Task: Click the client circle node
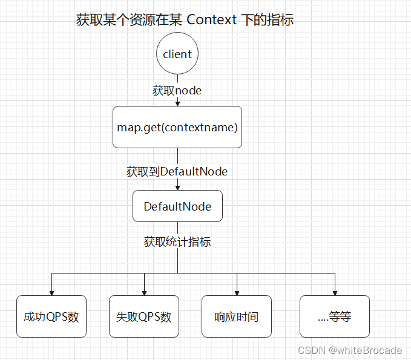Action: pyautogui.click(x=177, y=54)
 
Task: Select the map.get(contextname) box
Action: pyautogui.click(x=177, y=127)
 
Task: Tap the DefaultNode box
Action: pyautogui.click(x=177, y=206)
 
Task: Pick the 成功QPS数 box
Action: pyautogui.click(x=51, y=316)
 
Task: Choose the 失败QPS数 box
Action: pyautogui.click(x=144, y=316)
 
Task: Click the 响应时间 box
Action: pyautogui.click(x=237, y=316)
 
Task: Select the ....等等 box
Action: pyautogui.click(x=334, y=316)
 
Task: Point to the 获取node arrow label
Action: pyautogui.click(x=177, y=90)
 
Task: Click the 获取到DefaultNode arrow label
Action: pyautogui.click(x=177, y=171)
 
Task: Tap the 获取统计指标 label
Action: pyautogui.click(x=177, y=242)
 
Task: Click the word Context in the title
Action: pyautogui.click(x=212, y=20)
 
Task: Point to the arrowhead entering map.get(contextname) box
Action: pyautogui.click(x=177, y=103)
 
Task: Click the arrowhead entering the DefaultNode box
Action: pyautogui.click(x=177, y=188)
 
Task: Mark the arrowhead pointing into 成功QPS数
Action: pyautogui.click(x=51, y=292)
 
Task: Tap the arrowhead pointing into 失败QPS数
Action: pyautogui.click(x=144, y=292)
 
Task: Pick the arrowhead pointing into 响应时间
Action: pyautogui.click(x=237, y=292)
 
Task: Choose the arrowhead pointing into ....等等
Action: pyautogui.click(x=334, y=292)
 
